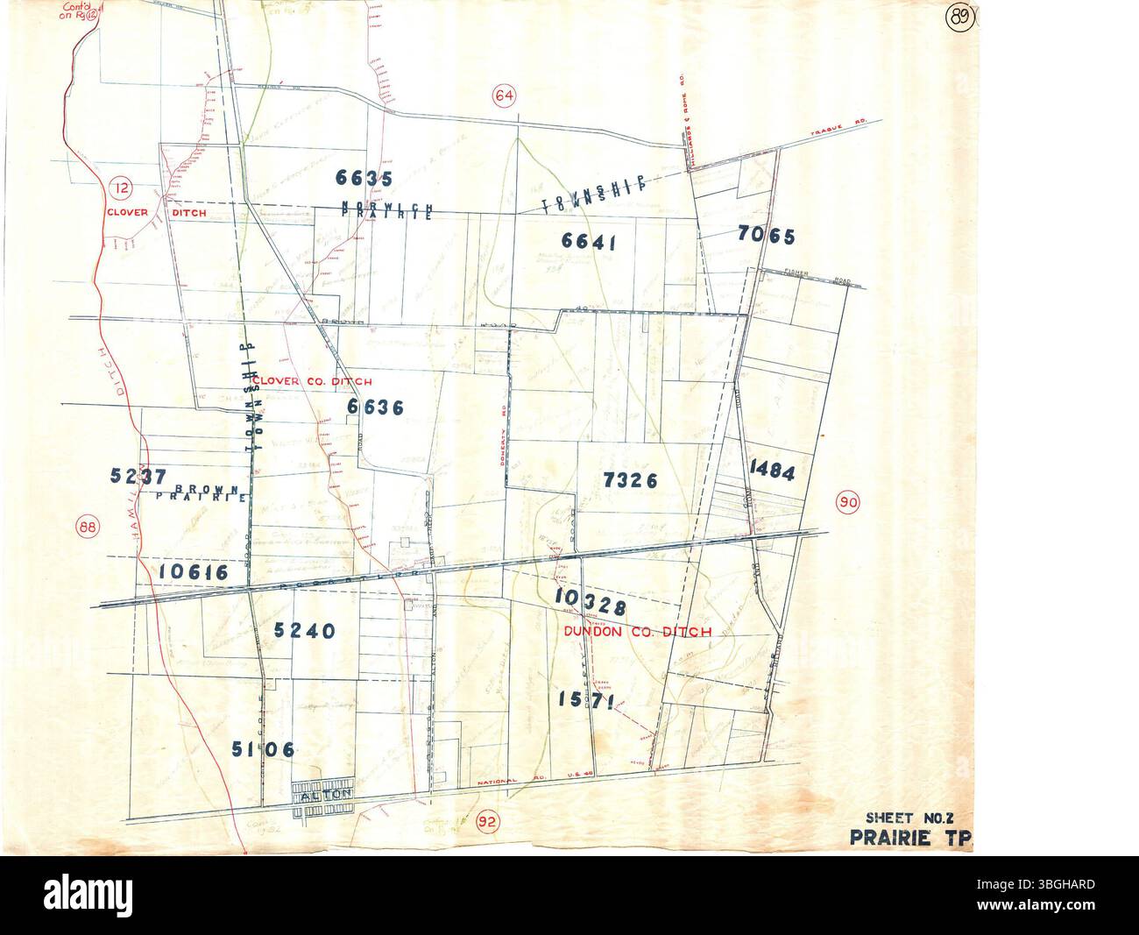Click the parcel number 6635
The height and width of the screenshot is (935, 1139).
click(x=363, y=178)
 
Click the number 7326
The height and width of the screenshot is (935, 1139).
click(x=630, y=479)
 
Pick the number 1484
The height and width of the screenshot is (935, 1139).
click(x=772, y=472)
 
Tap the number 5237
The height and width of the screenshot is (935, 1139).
click(x=138, y=475)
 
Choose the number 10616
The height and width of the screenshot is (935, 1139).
click(x=194, y=572)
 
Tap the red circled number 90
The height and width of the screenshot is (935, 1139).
click(x=847, y=503)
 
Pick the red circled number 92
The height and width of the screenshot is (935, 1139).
click(x=488, y=822)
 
